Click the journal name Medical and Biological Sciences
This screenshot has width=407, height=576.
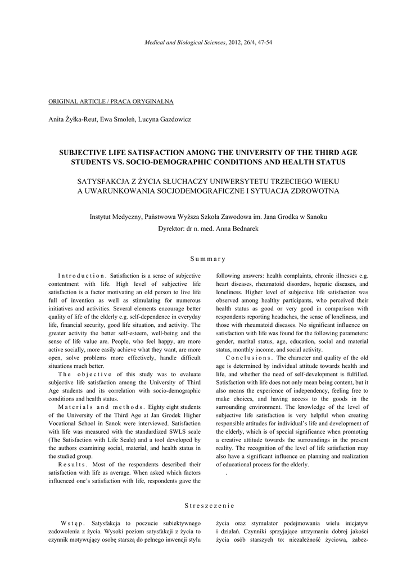[x=185, y=43]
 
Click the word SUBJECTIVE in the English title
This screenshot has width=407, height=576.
[x=87, y=152]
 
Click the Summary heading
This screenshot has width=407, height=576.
[x=207, y=259]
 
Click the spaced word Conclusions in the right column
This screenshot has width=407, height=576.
[x=248, y=358]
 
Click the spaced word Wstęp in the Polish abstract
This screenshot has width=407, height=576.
[x=73, y=523]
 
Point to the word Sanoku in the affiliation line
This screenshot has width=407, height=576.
[x=315, y=217]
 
